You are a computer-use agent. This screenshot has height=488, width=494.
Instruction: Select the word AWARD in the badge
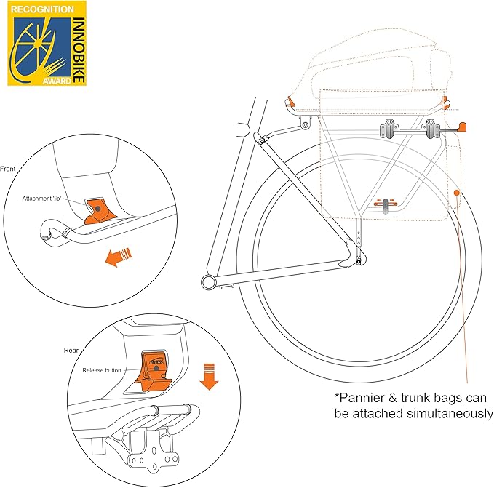pos(58,80)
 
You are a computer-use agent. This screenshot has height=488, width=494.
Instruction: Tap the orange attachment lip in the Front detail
pos(99,210)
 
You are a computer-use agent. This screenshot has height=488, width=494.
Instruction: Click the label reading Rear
pos(71,350)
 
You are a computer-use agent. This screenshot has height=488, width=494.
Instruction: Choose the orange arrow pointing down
pos(209,377)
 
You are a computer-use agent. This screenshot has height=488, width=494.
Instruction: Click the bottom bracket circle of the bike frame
pos(209,280)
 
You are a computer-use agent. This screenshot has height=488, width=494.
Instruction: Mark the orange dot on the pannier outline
pos(455,193)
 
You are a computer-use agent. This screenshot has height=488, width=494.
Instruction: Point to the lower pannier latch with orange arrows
pos(383,204)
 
